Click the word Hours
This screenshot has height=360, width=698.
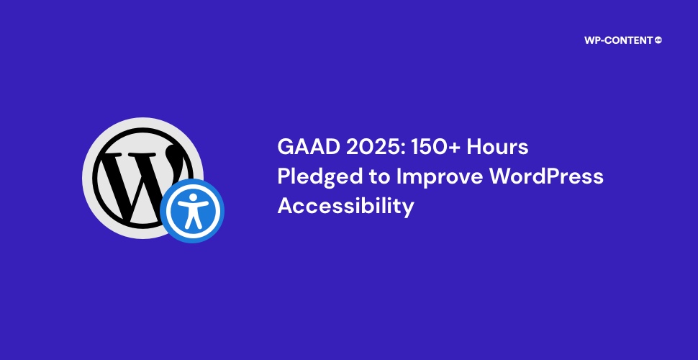(x=497, y=147)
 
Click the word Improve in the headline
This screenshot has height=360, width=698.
(x=438, y=178)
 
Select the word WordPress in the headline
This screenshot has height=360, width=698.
(x=546, y=176)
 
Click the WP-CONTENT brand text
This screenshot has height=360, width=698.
(x=620, y=40)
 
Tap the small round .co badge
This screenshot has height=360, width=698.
(x=658, y=40)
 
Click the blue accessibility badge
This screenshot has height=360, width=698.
(x=192, y=211)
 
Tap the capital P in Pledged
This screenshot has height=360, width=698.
(x=284, y=177)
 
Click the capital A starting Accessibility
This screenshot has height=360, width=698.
(x=286, y=207)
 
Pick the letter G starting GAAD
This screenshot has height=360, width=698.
(x=285, y=147)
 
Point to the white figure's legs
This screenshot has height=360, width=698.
(x=192, y=220)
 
